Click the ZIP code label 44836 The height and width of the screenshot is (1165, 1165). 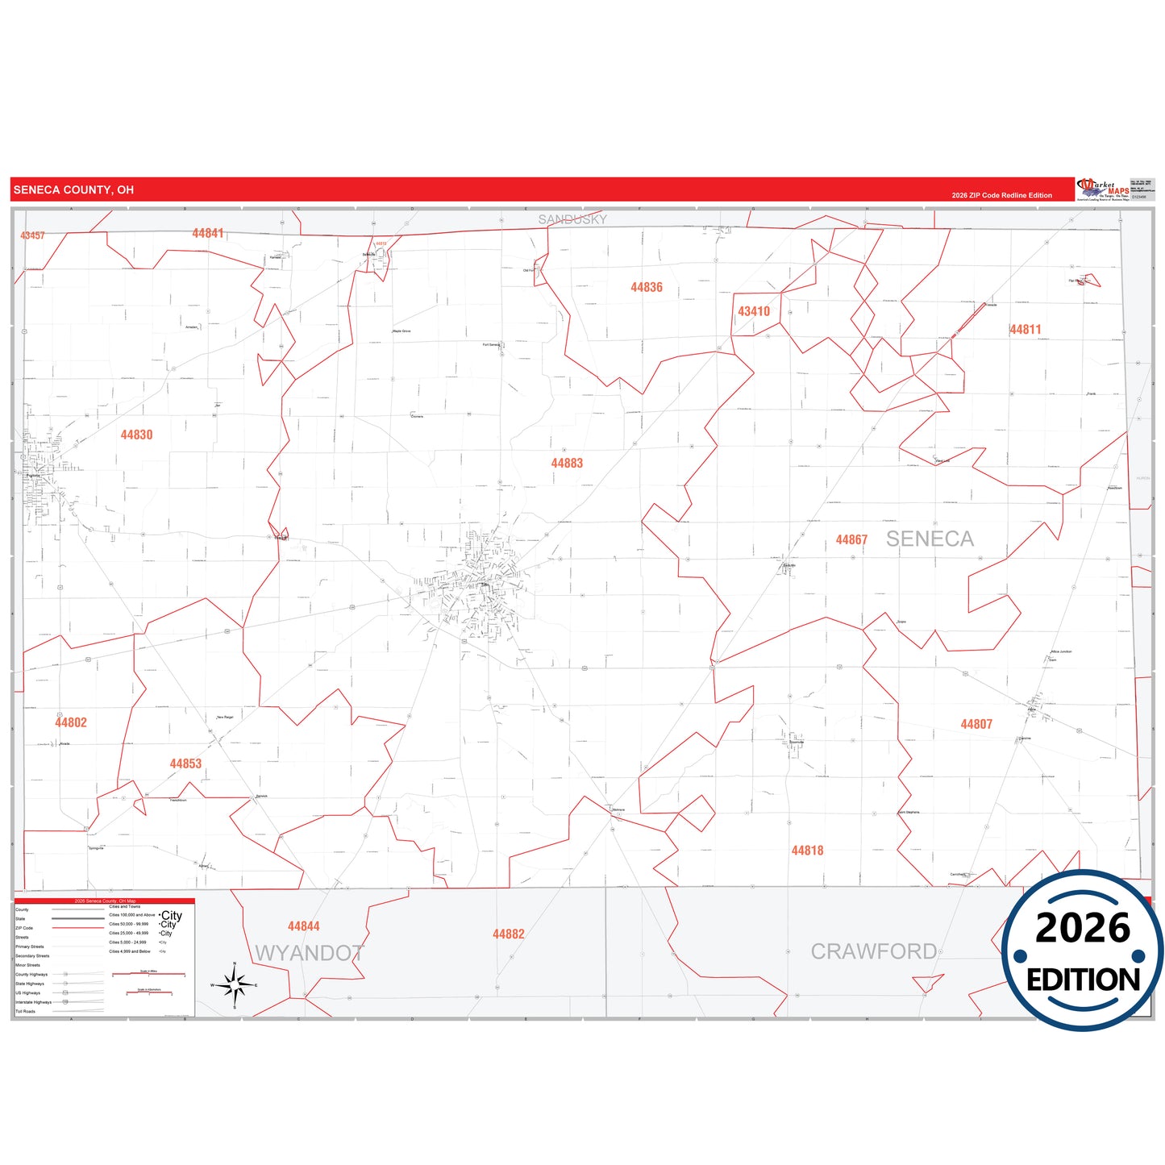pyautogui.click(x=647, y=288)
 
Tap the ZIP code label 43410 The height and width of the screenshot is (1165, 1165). pyautogui.click(x=754, y=312)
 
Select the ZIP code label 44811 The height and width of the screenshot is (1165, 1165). pyautogui.click(x=1026, y=330)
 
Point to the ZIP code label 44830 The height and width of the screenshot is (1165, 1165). pyautogui.click(x=137, y=435)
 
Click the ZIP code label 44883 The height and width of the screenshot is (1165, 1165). pyautogui.click(x=567, y=464)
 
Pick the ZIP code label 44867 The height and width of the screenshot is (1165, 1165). pyautogui.click(x=851, y=540)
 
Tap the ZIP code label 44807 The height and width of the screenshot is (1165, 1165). pyautogui.click(x=976, y=725)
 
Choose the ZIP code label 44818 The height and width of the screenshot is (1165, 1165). pyautogui.click(x=807, y=851)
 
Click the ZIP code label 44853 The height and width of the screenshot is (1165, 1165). pyautogui.click(x=185, y=764)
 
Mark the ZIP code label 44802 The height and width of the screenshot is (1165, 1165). pyautogui.click(x=71, y=723)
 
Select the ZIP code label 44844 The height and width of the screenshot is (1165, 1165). pyautogui.click(x=304, y=927)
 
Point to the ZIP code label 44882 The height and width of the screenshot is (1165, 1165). pyautogui.click(x=509, y=934)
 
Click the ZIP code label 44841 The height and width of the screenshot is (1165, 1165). pyautogui.click(x=208, y=234)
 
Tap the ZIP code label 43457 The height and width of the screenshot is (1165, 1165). pyautogui.click(x=33, y=235)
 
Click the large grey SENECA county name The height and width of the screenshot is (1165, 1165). pyautogui.click(x=930, y=539)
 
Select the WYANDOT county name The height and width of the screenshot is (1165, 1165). pyautogui.click(x=309, y=954)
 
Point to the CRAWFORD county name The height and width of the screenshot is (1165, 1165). pyautogui.click(x=874, y=952)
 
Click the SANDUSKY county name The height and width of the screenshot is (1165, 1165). pyautogui.click(x=572, y=219)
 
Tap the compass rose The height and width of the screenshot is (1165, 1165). pyautogui.click(x=235, y=985)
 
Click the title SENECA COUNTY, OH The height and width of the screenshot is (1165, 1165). pyautogui.click(x=73, y=190)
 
